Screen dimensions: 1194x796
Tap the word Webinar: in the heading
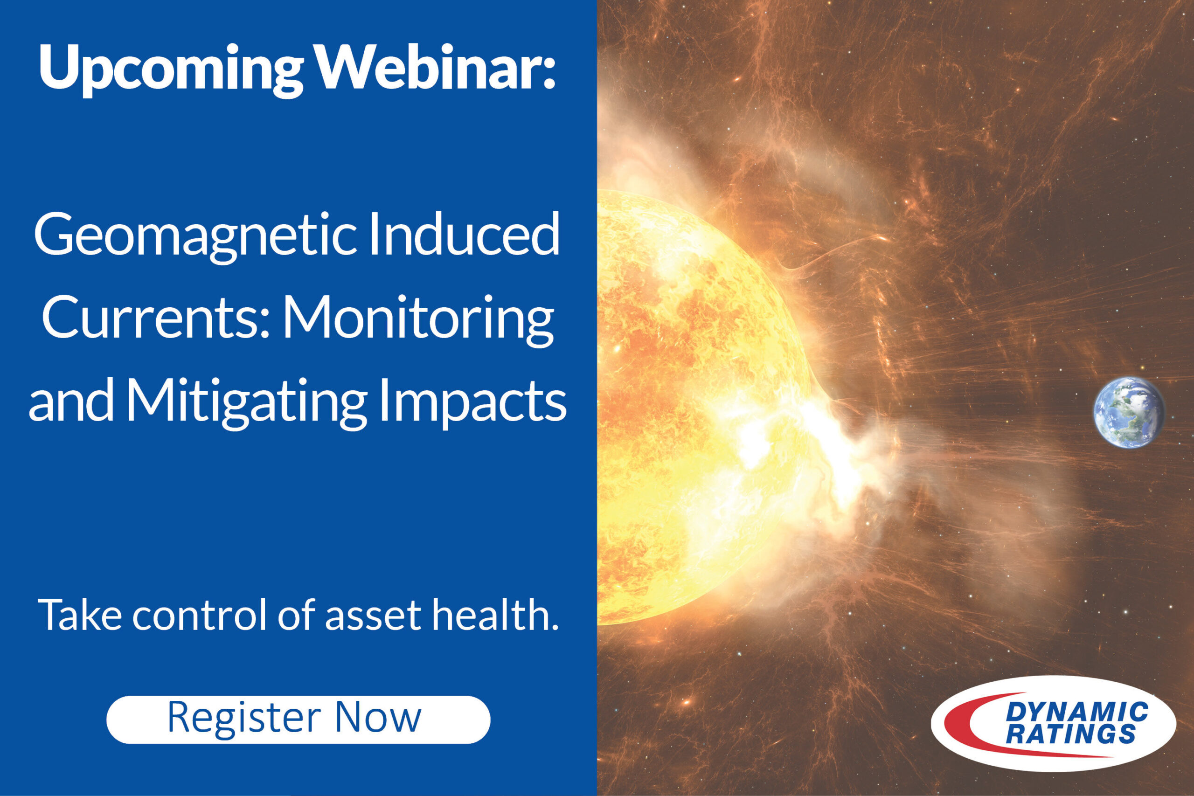point(437,67)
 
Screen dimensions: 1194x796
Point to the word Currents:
point(155,317)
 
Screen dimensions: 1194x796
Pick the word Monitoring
point(418,321)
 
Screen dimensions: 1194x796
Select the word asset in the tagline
point(373,618)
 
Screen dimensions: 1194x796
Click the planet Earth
point(1129,413)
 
